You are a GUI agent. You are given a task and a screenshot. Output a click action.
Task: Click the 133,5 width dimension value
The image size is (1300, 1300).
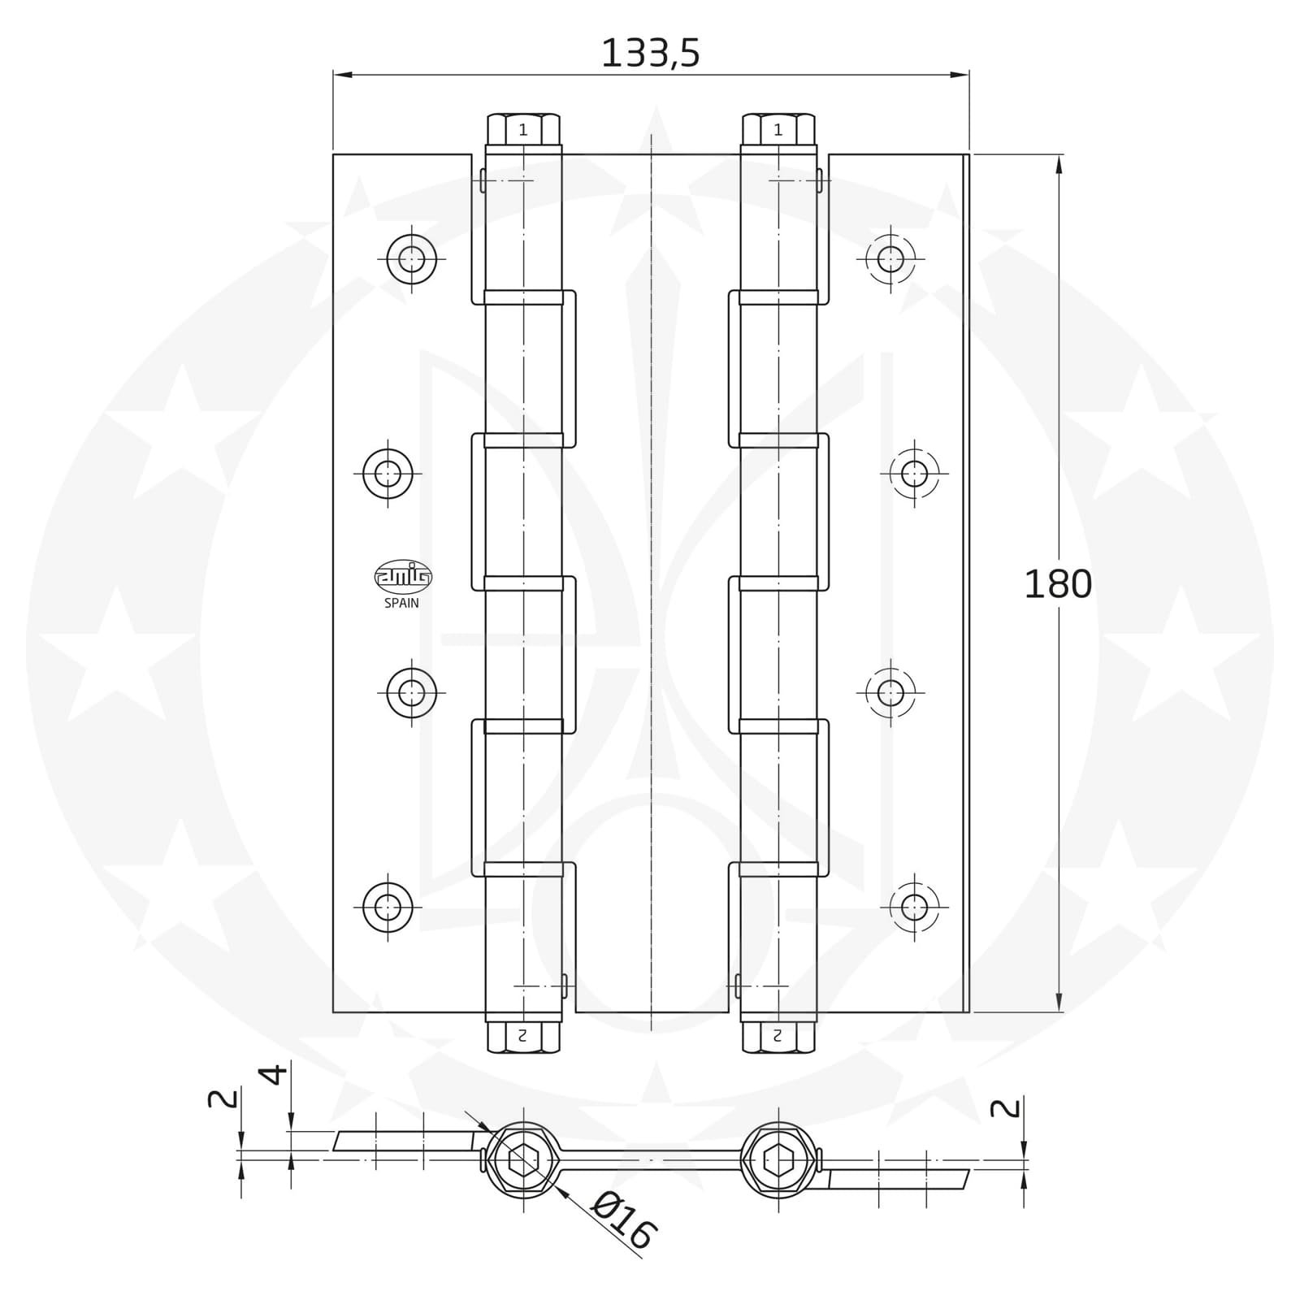click(650, 54)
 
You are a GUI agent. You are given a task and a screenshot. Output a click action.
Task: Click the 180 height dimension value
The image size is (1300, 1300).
click(1057, 584)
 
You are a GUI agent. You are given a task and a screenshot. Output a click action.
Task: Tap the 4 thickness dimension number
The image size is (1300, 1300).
click(275, 1074)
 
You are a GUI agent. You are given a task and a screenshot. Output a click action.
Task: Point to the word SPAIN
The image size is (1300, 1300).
click(401, 603)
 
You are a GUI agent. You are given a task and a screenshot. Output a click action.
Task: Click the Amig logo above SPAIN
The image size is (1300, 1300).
click(403, 576)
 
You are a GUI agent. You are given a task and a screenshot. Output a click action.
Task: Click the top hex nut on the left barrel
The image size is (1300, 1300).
click(523, 129)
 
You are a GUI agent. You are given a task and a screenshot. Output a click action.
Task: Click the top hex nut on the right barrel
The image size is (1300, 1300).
click(778, 129)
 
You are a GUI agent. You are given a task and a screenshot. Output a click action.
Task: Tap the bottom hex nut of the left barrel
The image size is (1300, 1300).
click(523, 1037)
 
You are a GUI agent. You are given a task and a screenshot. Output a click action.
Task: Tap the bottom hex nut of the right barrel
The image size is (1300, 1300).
click(778, 1037)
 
